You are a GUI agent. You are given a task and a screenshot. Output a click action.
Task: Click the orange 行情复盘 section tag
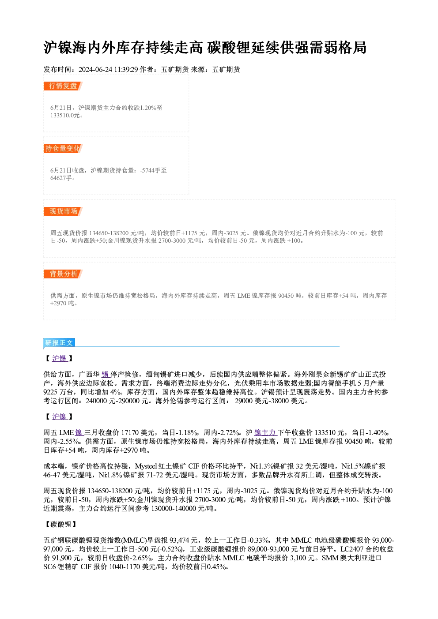tap(63, 86)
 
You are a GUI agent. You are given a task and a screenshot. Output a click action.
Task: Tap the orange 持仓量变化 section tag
tap(63, 149)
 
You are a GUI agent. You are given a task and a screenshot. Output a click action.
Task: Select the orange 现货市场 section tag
tap(63, 211)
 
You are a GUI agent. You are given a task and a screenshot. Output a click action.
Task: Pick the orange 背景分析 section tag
tap(63, 274)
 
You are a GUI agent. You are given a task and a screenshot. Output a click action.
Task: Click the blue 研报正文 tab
tap(59, 343)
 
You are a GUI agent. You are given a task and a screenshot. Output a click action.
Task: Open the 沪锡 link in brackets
tap(60, 358)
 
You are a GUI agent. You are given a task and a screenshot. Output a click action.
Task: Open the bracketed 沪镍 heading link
tap(60, 416)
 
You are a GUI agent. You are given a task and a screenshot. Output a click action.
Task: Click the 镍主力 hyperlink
tap(265, 432)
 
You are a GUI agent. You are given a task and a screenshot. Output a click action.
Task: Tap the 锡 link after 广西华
tap(106, 375)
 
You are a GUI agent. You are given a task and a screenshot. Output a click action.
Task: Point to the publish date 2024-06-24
tap(95, 69)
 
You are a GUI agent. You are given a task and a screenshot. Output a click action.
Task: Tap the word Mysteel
tap(146, 466)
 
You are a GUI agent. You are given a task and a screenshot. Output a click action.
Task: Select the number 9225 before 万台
tap(50, 392)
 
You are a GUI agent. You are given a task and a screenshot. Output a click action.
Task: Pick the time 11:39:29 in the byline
tap(126, 69)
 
